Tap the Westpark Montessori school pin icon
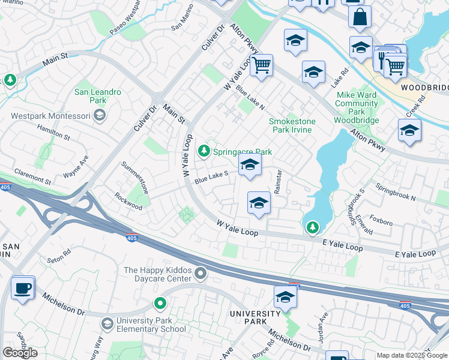100,115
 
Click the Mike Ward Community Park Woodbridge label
357,103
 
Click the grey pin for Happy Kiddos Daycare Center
201,275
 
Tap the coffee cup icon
23,288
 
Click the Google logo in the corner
20,353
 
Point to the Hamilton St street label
53,128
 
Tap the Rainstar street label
278,181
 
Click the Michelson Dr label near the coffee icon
63,304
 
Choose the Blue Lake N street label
250,97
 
